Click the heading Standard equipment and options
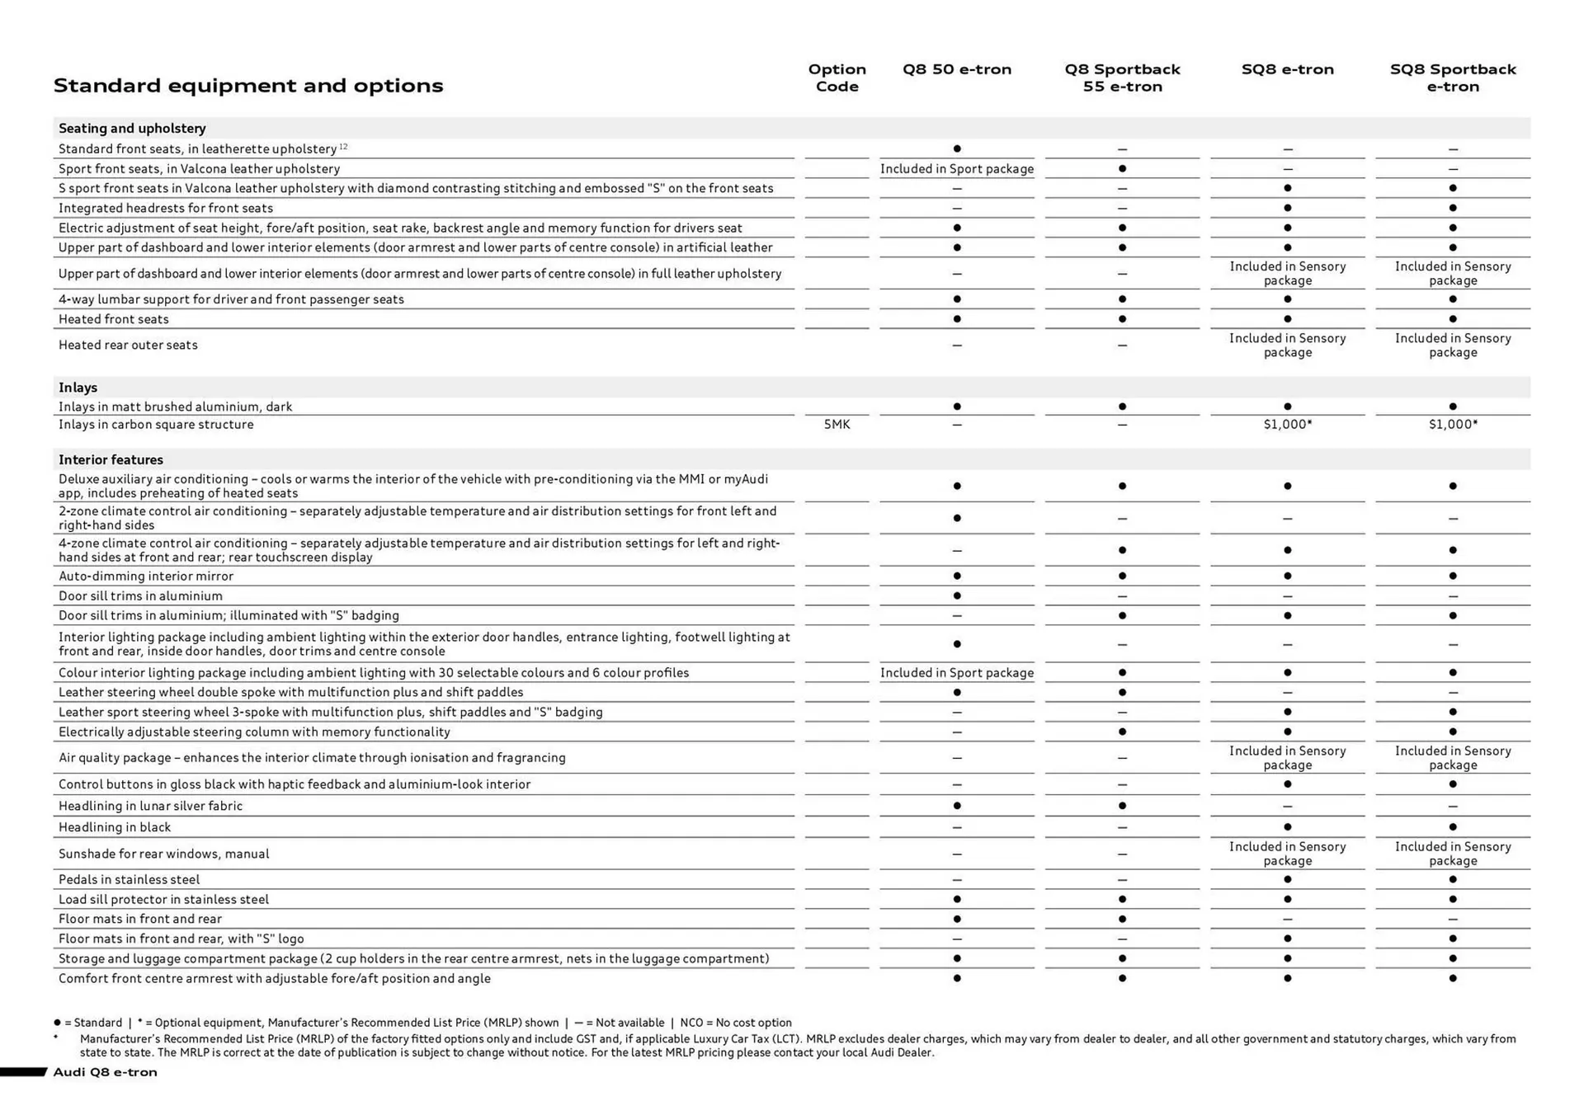click(247, 86)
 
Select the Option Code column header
click(837, 78)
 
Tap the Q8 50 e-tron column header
click(956, 69)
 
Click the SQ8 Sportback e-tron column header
click(1452, 78)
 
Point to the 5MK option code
click(837, 425)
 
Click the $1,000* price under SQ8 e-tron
click(1287, 425)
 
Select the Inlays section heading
click(78, 388)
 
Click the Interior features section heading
click(111, 460)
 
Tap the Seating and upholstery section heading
click(132, 129)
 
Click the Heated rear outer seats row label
click(128, 346)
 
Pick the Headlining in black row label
click(115, 827)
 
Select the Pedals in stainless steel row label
click(129, 880)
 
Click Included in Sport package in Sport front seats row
click(956, 169)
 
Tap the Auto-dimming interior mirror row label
click(146, 576)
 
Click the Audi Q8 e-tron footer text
click(105, 1072)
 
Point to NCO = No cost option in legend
click(735, 1023)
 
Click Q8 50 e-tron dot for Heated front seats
click(956, 319)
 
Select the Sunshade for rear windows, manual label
click(163, 854)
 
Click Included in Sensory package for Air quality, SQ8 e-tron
click(1287, 758)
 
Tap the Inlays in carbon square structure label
click(156, 425)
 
